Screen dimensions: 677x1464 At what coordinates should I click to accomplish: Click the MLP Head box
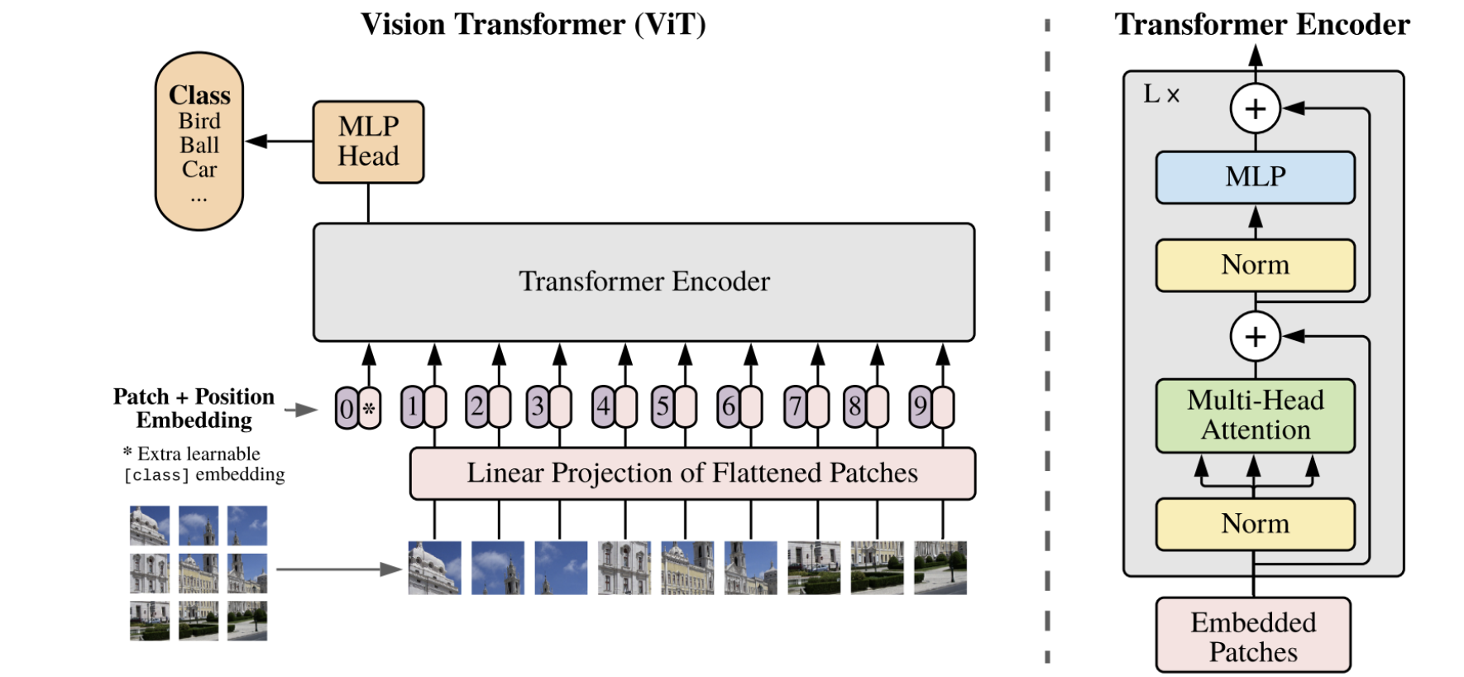pos(368,142)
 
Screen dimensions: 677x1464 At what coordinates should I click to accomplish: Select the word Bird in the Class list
pos(199,121)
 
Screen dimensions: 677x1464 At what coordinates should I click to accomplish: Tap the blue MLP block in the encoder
pos(1255,177)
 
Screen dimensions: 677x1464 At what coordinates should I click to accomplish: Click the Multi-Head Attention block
pos(1255,415)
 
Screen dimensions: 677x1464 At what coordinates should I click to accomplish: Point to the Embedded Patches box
pos(1253,636)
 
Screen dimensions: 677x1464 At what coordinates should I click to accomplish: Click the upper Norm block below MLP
pos(1255,265)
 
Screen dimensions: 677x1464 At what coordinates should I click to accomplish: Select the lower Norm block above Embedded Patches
pos(1255,524)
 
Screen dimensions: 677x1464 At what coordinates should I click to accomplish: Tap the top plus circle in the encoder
pos(1255,108)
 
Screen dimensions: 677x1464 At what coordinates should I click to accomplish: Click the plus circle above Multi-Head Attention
pos(1255,337)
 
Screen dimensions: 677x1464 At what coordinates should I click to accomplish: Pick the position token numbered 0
pos(347,408)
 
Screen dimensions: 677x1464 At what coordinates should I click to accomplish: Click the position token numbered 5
pos(663,406)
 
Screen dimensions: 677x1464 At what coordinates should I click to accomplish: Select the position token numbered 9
pos(920,406)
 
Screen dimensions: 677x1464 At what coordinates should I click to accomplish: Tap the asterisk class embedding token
pos(370,408)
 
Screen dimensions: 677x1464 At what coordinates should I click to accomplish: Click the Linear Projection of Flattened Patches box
pos(692,473)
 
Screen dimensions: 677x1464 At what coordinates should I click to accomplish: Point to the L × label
pos(1160,94)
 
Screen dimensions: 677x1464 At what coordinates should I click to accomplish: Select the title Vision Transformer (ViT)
pos(533,24)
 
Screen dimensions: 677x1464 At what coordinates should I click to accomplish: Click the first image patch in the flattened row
pos(434,568)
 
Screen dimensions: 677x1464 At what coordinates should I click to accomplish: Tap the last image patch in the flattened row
pos(940,568)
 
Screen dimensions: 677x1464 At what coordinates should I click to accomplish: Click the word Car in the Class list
pos(199,170)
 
